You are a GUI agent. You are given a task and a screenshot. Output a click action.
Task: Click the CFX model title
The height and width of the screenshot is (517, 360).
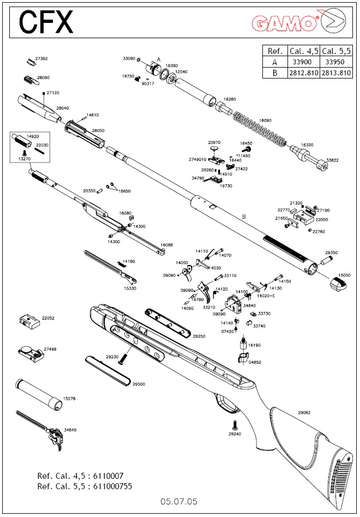tap(46, 22)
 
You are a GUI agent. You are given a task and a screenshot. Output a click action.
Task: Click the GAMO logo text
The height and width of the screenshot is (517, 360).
tap(285, 23)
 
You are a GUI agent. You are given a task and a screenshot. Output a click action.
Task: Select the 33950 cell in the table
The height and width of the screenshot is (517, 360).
tap(336, 62)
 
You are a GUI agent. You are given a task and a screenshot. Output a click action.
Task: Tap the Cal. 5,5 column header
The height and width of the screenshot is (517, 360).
tap(336, 51)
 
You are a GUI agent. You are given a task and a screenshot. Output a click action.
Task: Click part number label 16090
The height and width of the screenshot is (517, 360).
tap(265, 120)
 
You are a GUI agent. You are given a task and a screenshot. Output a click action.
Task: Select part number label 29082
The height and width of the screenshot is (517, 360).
tap(304, 413)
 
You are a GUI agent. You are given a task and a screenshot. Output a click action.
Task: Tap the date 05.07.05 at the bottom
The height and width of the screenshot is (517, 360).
tap(179, 501)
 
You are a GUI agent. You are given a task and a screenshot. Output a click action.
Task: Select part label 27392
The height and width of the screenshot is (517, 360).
tap(41, 58)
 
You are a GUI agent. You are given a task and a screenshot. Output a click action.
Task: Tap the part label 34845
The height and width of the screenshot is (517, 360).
tap(70, 430)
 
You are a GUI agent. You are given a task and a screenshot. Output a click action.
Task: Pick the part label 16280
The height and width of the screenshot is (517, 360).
tap(230, 99)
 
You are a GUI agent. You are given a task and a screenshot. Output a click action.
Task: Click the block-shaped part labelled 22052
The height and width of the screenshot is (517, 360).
tap(29, 321)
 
